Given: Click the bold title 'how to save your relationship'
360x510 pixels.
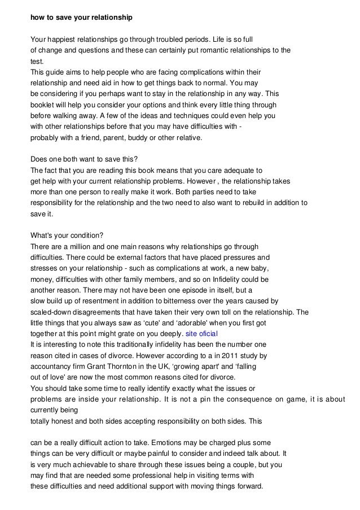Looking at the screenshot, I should pyautogui.click(x=81, y=18).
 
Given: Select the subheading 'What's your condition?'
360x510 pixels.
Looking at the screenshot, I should pyautogui.click(x=65, y=236).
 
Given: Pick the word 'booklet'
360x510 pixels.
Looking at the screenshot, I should pyautogui.click(x=42, y=104).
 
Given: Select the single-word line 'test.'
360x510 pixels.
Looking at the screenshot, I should pyautogui.click(x=37, y=61).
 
